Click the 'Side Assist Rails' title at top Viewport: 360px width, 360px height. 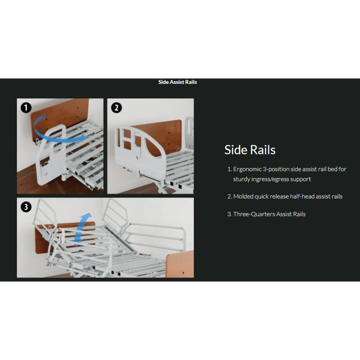pyautogui.click(x=177, y=82)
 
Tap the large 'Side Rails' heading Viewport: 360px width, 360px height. pyautogui.click(x=250, y=150)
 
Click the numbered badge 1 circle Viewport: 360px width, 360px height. pyautogui.click(x=26, y=108)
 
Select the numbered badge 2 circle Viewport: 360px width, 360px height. pyautogui.click(x=117, y=108)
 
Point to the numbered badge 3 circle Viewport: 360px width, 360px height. pyautogui.click(x=26, y=207)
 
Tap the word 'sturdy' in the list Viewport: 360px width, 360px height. pyautogui.click(x=242, y=179)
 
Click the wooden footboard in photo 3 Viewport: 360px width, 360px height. pyautogui.click(x=179, y=263)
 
